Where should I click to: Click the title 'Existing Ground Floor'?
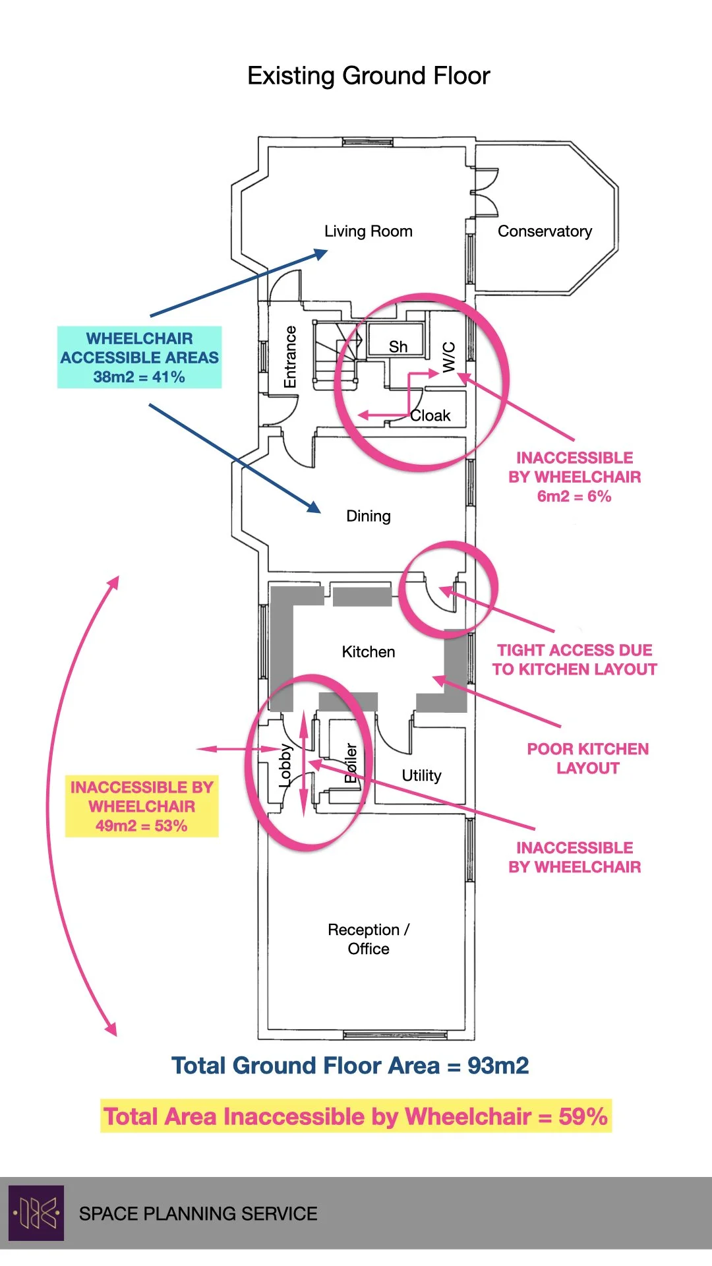click(369, 76)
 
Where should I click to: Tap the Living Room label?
click(368, 231)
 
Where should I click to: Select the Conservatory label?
click(545, 231)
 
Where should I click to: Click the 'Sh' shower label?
click(398, 347)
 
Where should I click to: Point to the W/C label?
click(449, 357)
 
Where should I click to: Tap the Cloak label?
click(430, 416)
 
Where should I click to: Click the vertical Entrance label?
click(290, 357)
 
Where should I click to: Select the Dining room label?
click(369, 516)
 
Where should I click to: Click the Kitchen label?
click(369, 652)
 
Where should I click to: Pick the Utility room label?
click(421, 775)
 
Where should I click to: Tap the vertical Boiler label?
click(351, 764)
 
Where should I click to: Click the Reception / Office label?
click(369, 939)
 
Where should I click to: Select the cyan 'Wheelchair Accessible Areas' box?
click(140, 357)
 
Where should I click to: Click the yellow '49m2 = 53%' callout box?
click(142, 806)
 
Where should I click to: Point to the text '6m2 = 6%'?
click(574, 497)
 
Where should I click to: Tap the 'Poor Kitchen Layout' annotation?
click(587, 758)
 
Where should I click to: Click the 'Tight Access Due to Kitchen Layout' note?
click(574, 660)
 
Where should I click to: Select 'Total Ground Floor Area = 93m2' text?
click(350, 1066)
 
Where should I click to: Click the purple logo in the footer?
click(36, 1213)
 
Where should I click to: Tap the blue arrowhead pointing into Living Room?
click(321, 253)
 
